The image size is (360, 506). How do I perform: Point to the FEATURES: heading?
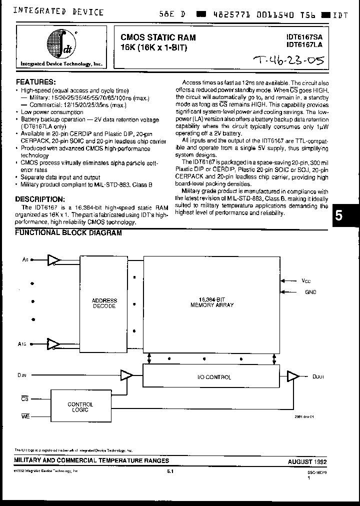coord(36,81)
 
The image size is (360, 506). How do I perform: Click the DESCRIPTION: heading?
coord(40,199)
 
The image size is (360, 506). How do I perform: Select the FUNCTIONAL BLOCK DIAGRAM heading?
coord(68,232)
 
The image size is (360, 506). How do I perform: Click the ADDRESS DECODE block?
coord(104,303)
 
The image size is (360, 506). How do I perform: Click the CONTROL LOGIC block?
coord(80,406)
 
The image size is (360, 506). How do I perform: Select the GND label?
coord(310,292)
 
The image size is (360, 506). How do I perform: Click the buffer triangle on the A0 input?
coord(53,259)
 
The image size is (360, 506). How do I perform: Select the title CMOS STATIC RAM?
coord(158,37)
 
